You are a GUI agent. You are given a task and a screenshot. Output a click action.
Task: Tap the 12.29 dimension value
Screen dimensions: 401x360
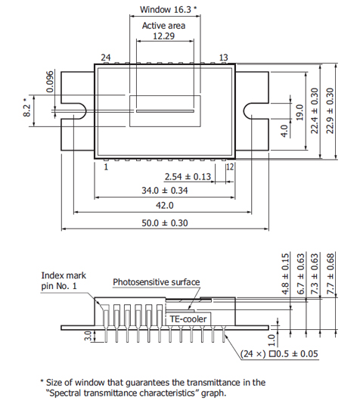coord(164,36)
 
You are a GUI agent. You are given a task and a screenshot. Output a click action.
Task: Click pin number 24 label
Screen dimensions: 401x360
coord(106,58)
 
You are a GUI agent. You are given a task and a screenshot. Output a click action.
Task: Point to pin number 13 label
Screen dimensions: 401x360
coord(224,58)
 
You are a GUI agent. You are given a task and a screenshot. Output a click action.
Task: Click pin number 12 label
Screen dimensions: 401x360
coord(229,166)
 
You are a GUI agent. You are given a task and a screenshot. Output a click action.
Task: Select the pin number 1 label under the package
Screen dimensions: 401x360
coord(107,167)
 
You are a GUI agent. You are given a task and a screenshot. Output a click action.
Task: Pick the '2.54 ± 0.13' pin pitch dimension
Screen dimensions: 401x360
coord(188,176)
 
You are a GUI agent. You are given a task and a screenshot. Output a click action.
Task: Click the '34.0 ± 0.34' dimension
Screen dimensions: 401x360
coord(164,191)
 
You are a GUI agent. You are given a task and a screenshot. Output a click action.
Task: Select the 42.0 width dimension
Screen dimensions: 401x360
coord(164,205)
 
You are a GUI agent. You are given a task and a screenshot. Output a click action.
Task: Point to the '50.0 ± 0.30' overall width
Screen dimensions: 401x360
coord(164,222)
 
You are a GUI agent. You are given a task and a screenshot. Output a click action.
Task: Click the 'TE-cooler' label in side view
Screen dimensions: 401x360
coord(188,319)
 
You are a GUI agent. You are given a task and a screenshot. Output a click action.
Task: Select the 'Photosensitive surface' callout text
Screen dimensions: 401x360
coord(157,282)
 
